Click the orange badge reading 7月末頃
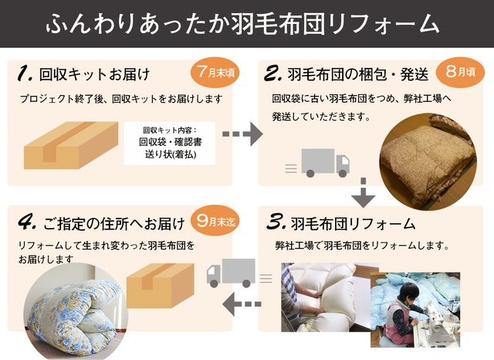tap(215, 73)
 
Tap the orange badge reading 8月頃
tap(460, 72)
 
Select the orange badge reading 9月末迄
tap(216, 221)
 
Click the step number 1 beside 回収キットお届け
tap(25, 73)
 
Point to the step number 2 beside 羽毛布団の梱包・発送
tap(272, 73)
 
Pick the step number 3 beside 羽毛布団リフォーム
tap(276, 222)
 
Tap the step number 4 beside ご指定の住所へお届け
tap(27, 222)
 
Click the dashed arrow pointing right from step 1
tap(242, 134)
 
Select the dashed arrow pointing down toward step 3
tap(364, 192)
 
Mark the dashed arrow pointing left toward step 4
tap(242, 304)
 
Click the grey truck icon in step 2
tap(317, 163)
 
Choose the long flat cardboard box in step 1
tap(71, 145)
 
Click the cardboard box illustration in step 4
tap(160, 285)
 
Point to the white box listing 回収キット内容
tap(170, 143)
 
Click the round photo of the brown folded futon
tap(428, 161)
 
